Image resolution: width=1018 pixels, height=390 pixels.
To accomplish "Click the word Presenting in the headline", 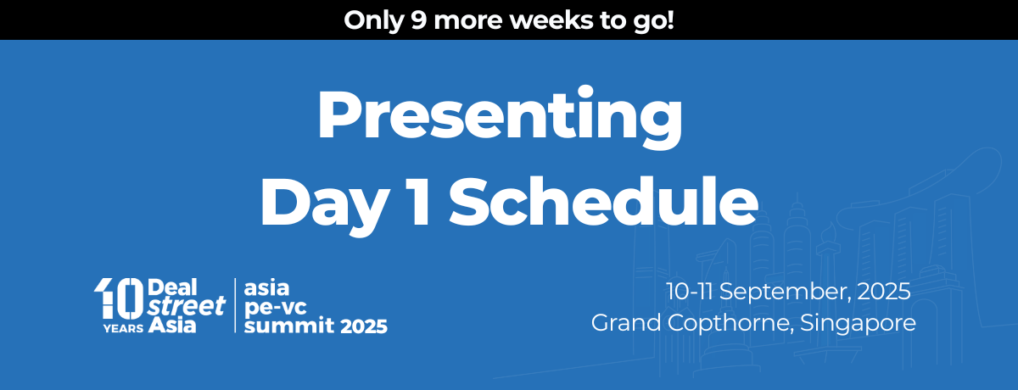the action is click(x=500, y=117).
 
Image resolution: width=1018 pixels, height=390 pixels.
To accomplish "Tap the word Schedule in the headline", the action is click(x=603, y=201).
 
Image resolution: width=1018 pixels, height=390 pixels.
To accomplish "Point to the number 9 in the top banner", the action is click(x=419, y=20).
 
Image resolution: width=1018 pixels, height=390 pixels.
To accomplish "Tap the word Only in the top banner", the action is click(x=373, y=21).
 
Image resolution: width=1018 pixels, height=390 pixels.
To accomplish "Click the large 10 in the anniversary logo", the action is click(x=118, y=298).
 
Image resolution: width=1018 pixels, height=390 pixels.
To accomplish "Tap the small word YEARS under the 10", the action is click(x=123, y=328).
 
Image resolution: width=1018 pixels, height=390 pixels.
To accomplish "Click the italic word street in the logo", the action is click(x=187, y=306).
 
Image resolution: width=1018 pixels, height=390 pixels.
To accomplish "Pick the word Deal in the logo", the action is click(x=172, y=287).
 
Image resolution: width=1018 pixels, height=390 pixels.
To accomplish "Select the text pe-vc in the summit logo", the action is click(x=276, y=308).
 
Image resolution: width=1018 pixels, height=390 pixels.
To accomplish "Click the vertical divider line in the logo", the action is click(x=235, y=305).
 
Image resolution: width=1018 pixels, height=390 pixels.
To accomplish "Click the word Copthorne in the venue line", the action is click(x=730, y=324).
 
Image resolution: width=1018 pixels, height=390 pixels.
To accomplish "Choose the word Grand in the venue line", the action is click(x=626, y=323).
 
